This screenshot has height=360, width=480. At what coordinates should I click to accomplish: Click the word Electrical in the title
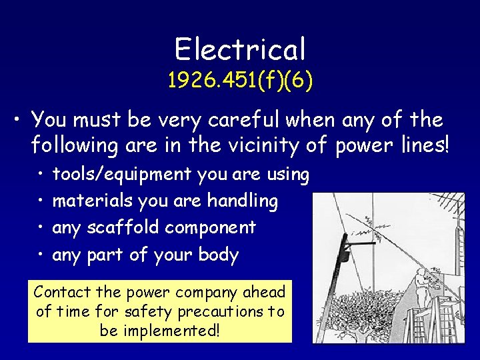240,49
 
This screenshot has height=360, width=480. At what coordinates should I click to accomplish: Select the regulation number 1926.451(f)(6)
240,81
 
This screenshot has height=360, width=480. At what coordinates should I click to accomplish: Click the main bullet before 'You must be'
17,121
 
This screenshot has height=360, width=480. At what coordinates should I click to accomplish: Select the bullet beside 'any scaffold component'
41,228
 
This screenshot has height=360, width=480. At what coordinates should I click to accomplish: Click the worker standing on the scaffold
421,288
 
